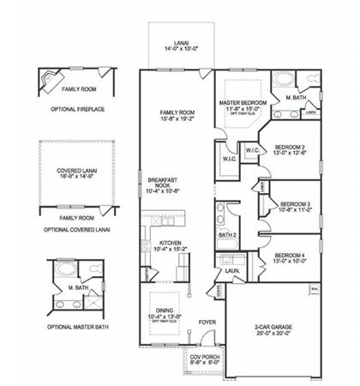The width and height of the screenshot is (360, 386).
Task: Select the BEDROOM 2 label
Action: pyautogui.click(x=290, y=148)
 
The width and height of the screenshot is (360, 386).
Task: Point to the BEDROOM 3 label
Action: pyautogui.click(x=296, y=203)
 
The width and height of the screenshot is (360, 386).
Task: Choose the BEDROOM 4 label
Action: pyautogui.click(x=291, y=256)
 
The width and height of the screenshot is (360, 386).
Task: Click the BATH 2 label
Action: pyautogui.click(x=227, y=234)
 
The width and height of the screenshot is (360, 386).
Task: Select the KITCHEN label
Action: pyautogui.click(x=171, y=243)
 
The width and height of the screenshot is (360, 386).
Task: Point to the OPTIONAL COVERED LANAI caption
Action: pyautogui.click(x=78, y=229)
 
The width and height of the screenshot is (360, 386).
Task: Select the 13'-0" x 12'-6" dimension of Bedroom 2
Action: pyautogui.click(x=290, y=154)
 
